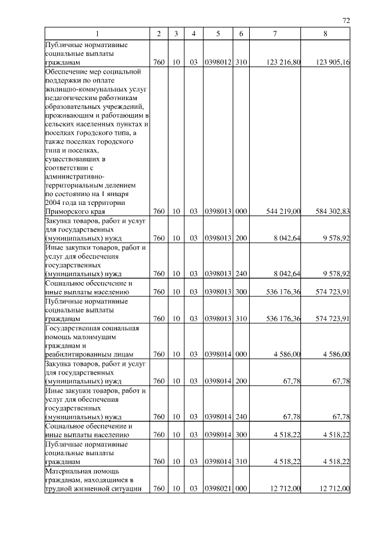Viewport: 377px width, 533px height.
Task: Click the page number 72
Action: tap(346, 21)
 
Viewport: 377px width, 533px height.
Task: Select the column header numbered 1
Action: tap(97, 34)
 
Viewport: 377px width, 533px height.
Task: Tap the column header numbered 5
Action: tap(218, 34)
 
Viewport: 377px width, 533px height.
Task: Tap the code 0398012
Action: tap(218, 62)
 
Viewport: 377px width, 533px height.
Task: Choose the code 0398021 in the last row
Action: tap(218, 489)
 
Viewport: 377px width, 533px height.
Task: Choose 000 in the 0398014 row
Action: tap(240, 354)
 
